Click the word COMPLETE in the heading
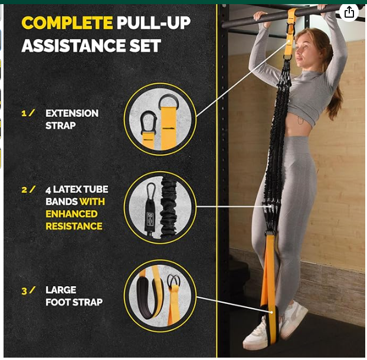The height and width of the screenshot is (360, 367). pyautogui.click(x=67, y=23)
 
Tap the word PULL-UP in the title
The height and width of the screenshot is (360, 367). pyautogui.click(x=154, y=23)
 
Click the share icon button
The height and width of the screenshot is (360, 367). pyautogui.click(x=349, y=12)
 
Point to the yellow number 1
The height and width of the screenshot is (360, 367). pyautogui.click(x=24, y=113)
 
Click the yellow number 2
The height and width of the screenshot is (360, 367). pyautogui.click(x=24, y=189)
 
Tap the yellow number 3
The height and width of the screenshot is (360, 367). pyautogui.click(x=24, y=291)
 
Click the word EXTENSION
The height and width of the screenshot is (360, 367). pyautogui.click(x=72, y=113)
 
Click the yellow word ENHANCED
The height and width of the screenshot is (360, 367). pyautogui.click(x=71, y=214)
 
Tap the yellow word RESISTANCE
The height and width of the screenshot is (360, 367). pyautogui.click(x=74, y=227)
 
